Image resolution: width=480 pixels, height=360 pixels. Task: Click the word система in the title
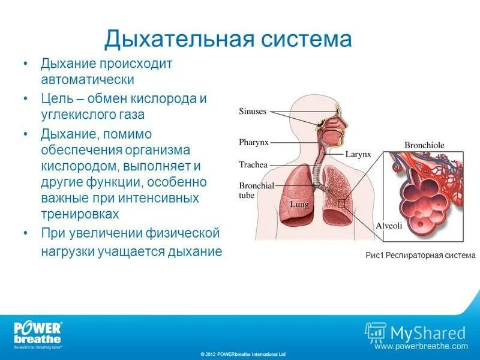[306, 39]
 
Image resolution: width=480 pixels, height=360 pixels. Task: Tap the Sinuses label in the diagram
[253, 111]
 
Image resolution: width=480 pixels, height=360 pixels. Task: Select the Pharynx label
[254, 142]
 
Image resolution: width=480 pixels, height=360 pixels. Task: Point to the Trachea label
[253, 164]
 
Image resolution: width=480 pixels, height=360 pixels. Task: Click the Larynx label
[358, 154]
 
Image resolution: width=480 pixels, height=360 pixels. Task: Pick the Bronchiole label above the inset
[424, 145]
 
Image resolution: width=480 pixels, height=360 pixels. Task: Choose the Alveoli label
[388, 226]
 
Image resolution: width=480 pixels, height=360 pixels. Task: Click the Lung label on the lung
[299, 205]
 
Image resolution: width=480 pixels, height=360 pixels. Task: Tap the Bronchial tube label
[256, 190]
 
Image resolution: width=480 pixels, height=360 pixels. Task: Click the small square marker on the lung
[341, 204]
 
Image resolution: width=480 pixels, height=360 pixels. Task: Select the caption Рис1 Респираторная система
[420, 255]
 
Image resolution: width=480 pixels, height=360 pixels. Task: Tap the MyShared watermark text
[427, 333]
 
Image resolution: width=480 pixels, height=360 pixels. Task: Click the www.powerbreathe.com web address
[421, 346]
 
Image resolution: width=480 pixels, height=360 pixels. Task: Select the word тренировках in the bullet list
[80, 214]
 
